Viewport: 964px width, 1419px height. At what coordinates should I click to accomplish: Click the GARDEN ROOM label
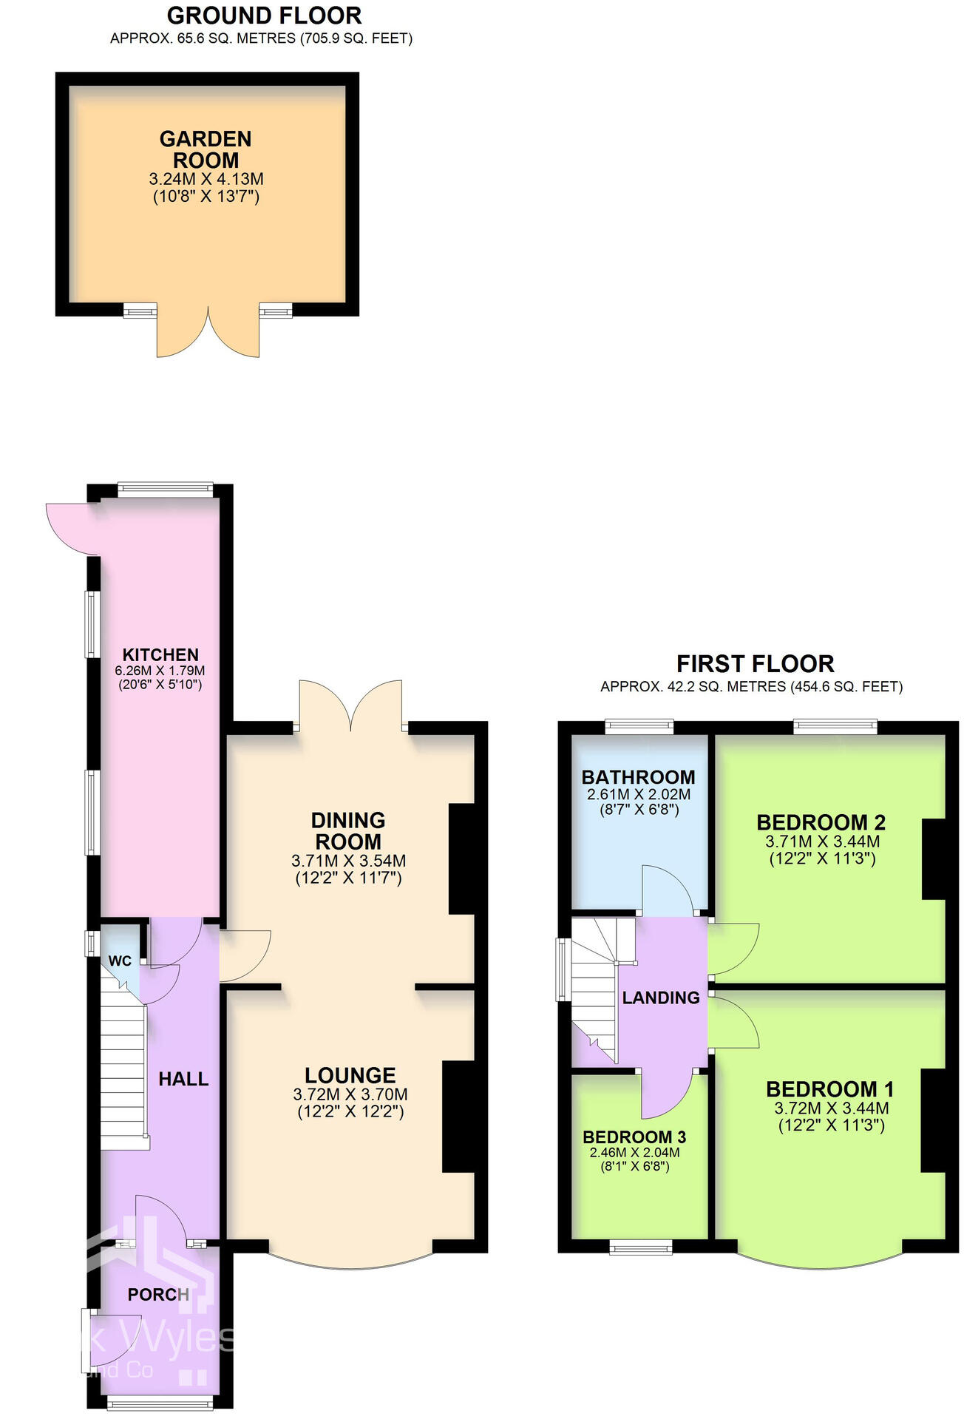coord(206,149)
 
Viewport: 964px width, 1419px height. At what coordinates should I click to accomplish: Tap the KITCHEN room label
coord(160,654)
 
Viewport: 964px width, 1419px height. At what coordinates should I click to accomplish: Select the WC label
coord(120,961)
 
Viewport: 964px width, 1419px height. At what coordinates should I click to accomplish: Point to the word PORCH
coord(158,1294)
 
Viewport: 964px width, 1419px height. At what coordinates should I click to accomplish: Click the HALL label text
coord(183,1079)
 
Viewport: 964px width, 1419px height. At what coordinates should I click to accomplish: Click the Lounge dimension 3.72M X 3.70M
coord(350,1094)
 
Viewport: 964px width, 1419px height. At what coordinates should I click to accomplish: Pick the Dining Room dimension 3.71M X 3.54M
coord(348,861)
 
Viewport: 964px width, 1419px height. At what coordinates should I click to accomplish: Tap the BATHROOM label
coord(638,777)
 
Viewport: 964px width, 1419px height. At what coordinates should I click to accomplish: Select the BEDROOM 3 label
coord(634,1137)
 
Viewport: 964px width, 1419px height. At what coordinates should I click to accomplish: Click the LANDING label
coord(661,998)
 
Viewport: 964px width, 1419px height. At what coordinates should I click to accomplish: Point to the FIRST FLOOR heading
coord(755,663)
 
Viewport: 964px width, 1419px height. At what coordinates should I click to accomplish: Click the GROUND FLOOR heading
coord(264,16)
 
